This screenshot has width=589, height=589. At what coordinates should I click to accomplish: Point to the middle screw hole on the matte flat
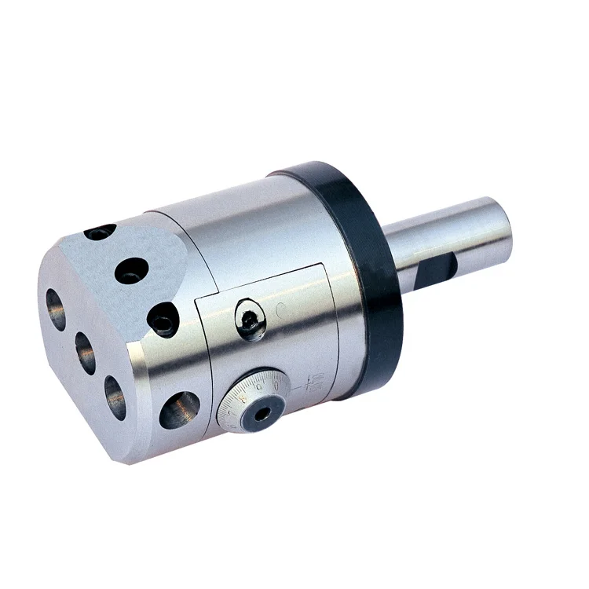(130, 272)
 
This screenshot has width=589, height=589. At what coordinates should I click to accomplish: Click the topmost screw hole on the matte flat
(101, 232)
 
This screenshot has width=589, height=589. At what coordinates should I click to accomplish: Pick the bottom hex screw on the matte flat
(163, 320)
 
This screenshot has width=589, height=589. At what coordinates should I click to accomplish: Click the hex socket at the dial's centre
(258, 411)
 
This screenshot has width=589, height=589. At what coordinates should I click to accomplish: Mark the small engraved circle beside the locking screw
(280, 310)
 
